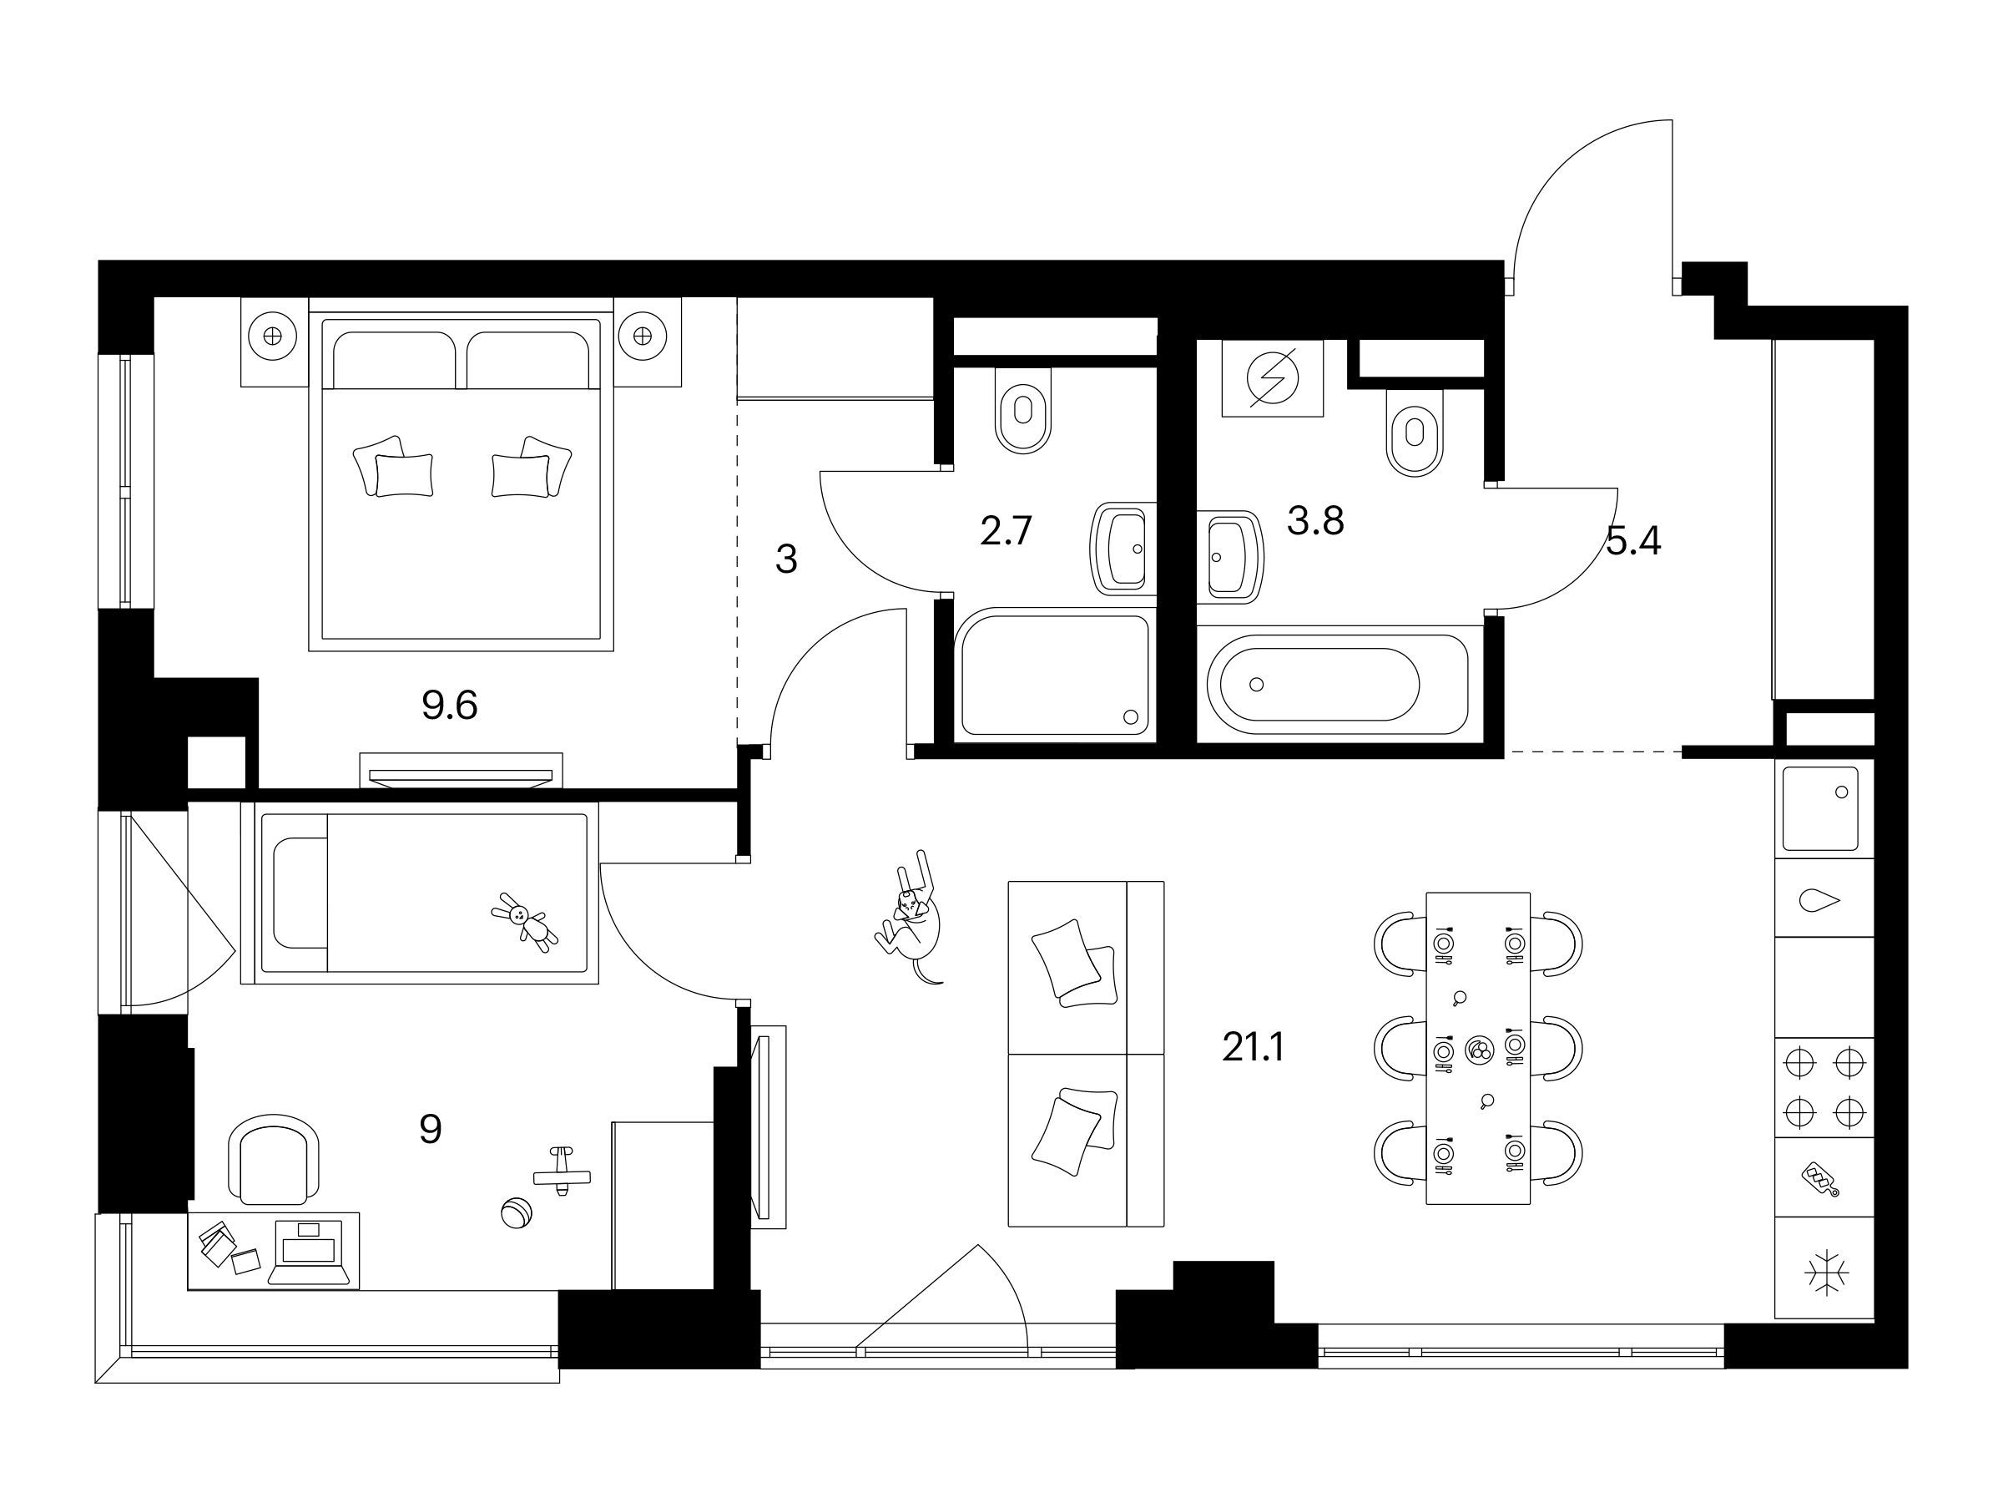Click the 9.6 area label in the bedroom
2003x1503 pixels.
pyautogui.click(x=449, y=705)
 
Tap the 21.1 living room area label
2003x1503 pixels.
pyautogui.click(x=1254, y=1047)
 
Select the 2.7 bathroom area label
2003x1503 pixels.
pyautogui.click(x=1006, y=531)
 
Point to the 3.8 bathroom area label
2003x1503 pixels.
pyautogui.click(x=1314, y=521)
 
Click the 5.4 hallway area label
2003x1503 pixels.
pyautogui.click(x=1633, y=542)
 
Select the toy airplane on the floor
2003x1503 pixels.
pyautogui.click(x=563, y=1172)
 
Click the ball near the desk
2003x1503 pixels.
pyautogui.click(x=516, y=1213)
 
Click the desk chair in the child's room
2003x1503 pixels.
pyautogui.click(x=274, y=1160)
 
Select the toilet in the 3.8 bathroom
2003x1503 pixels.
pyautogui.click(x=1415, y=433)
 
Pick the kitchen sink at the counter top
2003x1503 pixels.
pyautogui.click(x=1821, y=808)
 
